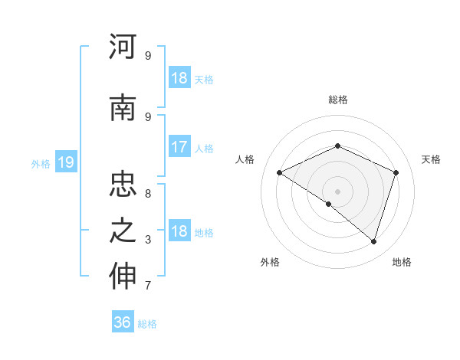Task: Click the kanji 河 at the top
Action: (123, 47)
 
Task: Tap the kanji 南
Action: (123, 109)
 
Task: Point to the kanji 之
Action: (123, 231)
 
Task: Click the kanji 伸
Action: (123, 277)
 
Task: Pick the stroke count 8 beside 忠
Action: (147, 194)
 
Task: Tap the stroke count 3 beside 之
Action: (147, 240)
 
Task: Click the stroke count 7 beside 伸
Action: (147, 286)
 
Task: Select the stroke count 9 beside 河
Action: (147, 56)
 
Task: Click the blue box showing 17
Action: (179, 147)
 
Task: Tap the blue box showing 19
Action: (65, 162)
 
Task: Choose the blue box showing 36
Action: (123, 322)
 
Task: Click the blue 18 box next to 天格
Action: (179, 78)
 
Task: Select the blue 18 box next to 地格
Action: (179, 232)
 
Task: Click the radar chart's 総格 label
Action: (337, 100)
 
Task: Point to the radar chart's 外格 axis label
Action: (270, 263)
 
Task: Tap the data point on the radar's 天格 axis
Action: (396, 172)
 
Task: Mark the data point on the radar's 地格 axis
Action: (373, 241)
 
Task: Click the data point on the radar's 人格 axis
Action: (280, 173)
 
